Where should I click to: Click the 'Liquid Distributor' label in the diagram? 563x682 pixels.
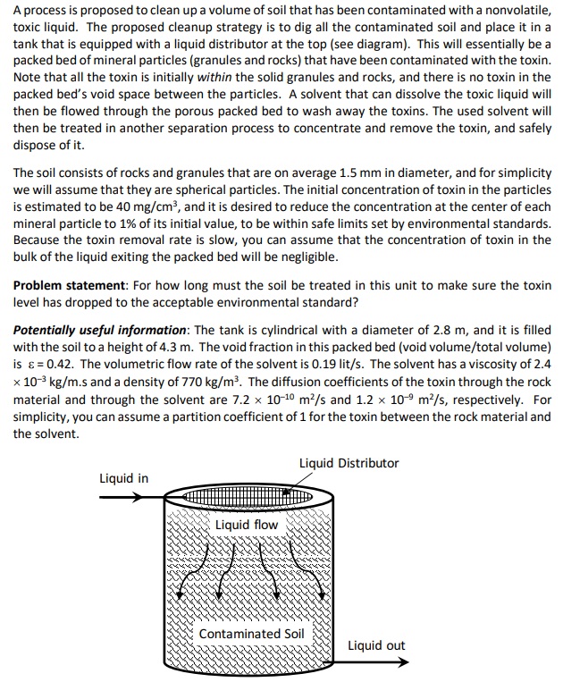pyautogui.click(x=349, y=463)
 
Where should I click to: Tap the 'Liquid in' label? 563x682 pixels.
pyautogui.click(x=123, y=478)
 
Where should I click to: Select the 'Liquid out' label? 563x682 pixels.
pyautogui.click(x=376, y=644)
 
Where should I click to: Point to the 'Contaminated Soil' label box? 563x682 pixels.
pyautogui.click(x=251, y=634)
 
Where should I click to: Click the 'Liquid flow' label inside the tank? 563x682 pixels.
pyautogui.click(x=247, y=525)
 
